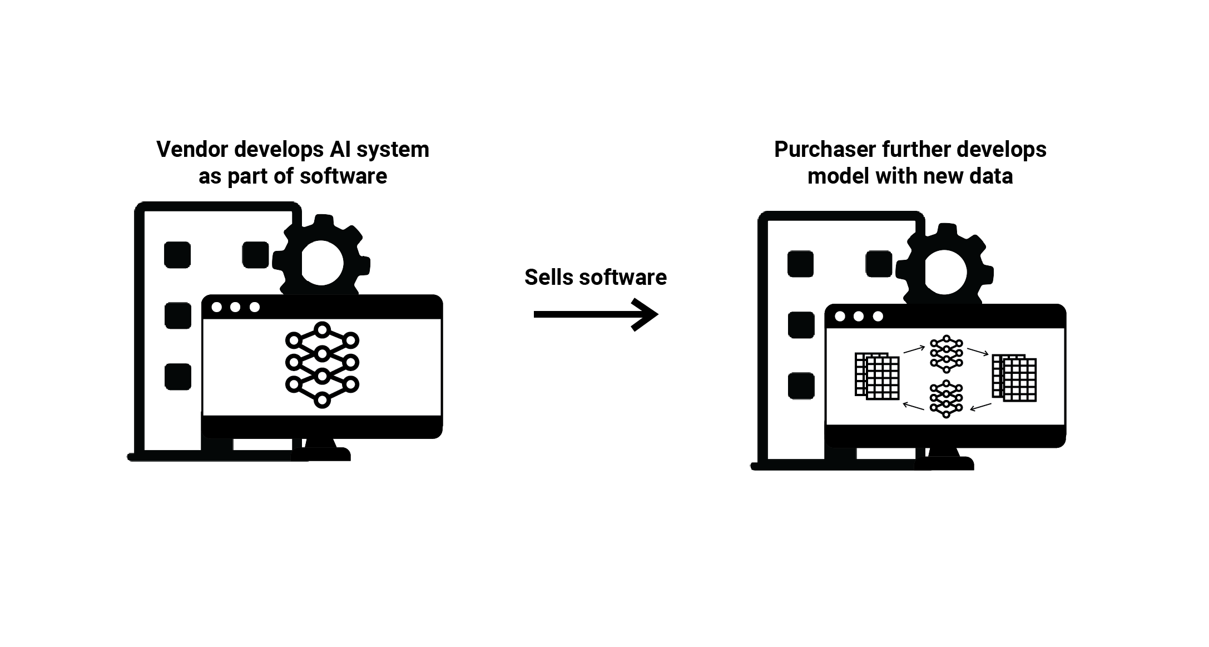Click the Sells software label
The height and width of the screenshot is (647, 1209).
click(595, 277)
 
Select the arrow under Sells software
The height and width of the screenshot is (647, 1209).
click(595, 315)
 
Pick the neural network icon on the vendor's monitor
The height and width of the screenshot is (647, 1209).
click(322, 365)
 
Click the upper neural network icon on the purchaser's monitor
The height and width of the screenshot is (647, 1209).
click(946, 354)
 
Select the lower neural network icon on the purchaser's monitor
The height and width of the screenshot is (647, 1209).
click(946, 399)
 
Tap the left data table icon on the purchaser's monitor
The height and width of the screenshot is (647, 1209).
click(877, 376)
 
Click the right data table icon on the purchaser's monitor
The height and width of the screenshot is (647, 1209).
click(1014, 378)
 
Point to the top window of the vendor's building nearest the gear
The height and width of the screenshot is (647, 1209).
click(255, 255)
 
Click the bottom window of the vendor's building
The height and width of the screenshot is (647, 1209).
click(178, 377)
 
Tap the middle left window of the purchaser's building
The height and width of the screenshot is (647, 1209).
click(801, 325)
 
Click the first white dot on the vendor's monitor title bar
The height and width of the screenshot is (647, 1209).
click(217, 307)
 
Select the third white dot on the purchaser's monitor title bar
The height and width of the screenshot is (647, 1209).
click(878, 317)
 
